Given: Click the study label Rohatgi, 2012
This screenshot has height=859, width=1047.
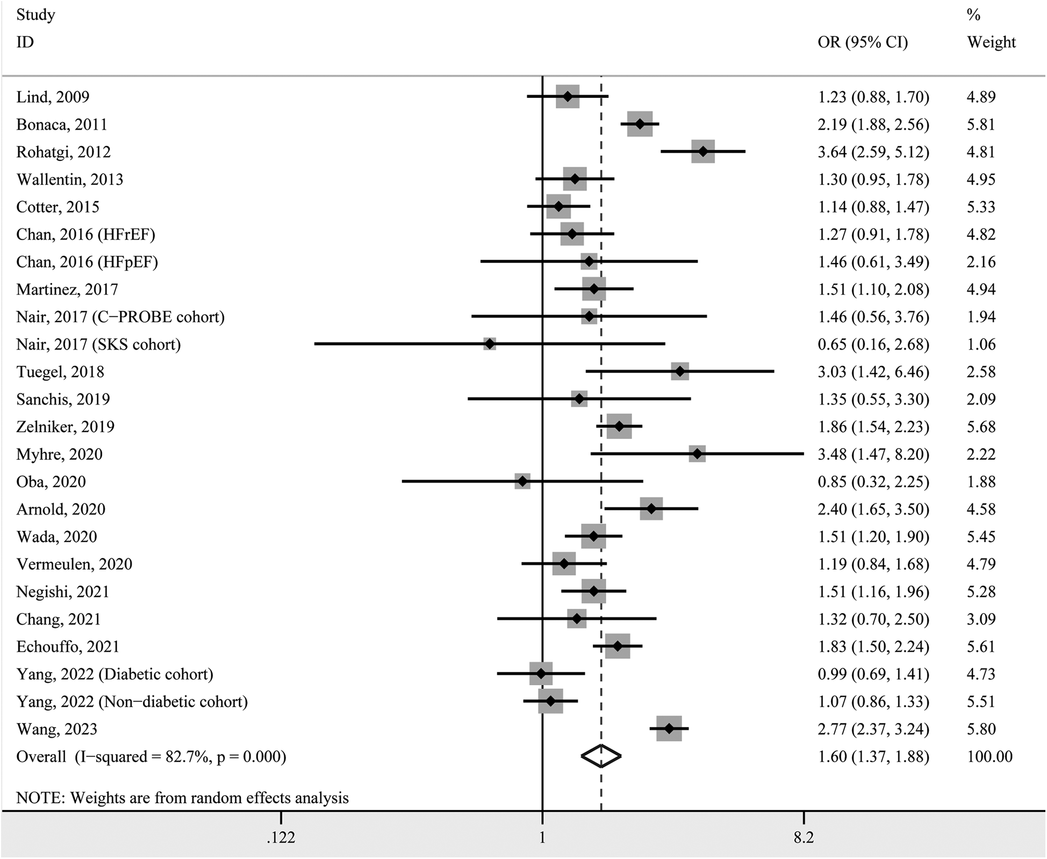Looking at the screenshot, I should click(x=63, y=152).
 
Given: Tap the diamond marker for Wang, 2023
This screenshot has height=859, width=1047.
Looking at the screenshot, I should click(x=669, y=729).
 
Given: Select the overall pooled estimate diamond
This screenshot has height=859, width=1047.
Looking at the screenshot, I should click(x=601, y=756).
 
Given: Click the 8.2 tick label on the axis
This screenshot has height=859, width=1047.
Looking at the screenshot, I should click(x=803, y=837).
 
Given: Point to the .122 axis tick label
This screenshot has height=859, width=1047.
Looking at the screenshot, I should click(x=281, y=837).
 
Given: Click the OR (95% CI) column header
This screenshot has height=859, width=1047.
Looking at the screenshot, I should click(x=863, y=42).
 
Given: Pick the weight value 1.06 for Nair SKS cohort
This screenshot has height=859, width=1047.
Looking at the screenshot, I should click(x=981, y=344).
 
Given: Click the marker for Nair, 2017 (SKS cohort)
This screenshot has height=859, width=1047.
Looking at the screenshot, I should click(x=490, y=344).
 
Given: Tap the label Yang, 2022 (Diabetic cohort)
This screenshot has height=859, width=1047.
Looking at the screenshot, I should click(x=114, y=674).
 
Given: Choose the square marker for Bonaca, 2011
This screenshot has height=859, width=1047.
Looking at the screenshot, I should click(x=640, y=124).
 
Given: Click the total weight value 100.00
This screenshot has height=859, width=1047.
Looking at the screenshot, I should click(x=989, y=757).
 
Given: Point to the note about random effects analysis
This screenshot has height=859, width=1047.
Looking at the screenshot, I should click(x=182, y=797).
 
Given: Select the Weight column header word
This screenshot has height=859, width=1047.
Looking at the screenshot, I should click(x=991, y=42).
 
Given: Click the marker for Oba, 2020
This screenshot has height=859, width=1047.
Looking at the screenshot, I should click(x=522, y=481).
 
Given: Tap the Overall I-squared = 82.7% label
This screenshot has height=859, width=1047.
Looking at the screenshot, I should click(x=151, y=757).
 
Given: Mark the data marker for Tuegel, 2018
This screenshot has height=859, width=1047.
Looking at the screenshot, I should click(x=680, y=372).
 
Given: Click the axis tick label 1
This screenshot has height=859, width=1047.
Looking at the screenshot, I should click(x=542, y=837).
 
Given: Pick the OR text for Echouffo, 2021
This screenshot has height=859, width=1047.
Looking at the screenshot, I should click(x=873, y=647).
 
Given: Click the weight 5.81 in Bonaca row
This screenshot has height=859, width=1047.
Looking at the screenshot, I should click(x=981, y=125).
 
